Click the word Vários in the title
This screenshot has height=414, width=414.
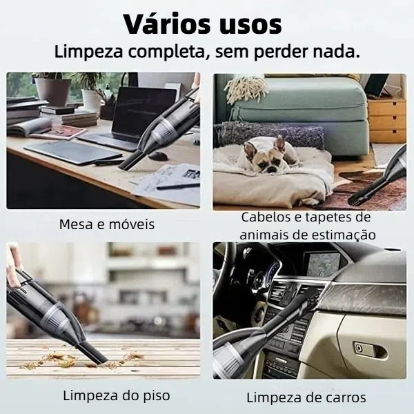point(168,23)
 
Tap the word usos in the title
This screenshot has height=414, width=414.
point(251,26)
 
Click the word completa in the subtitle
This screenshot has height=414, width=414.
point(166,52)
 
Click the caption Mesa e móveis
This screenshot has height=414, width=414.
point(107,224)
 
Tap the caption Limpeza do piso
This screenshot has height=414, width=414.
point(117,395)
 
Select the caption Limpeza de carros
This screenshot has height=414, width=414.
point(306,397)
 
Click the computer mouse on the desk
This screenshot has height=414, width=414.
point(158,156)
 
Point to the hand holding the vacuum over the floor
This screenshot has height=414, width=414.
point(13,266)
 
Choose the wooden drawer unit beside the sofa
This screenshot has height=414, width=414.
point(386,120)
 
